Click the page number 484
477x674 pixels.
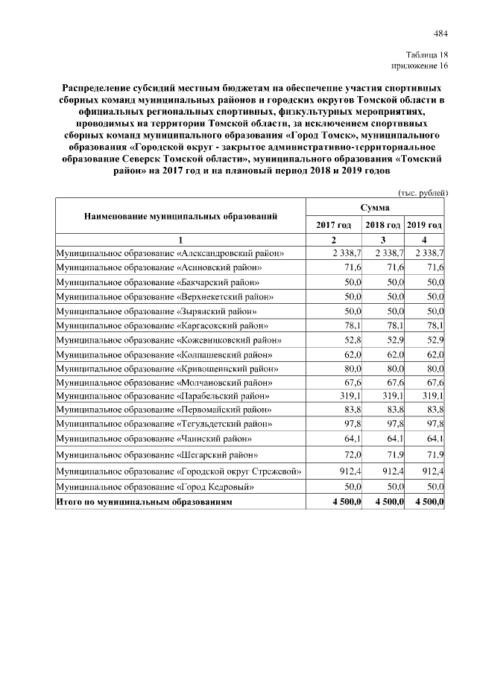pyautogui.click(x=440, y=33)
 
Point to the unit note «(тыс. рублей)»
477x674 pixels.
pyautogui.click(x=423, y=192)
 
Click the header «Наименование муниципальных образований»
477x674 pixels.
pyautogui.click(x=180, y=216)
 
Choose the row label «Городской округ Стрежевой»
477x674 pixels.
pyautogui.click(x=180, y=471)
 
